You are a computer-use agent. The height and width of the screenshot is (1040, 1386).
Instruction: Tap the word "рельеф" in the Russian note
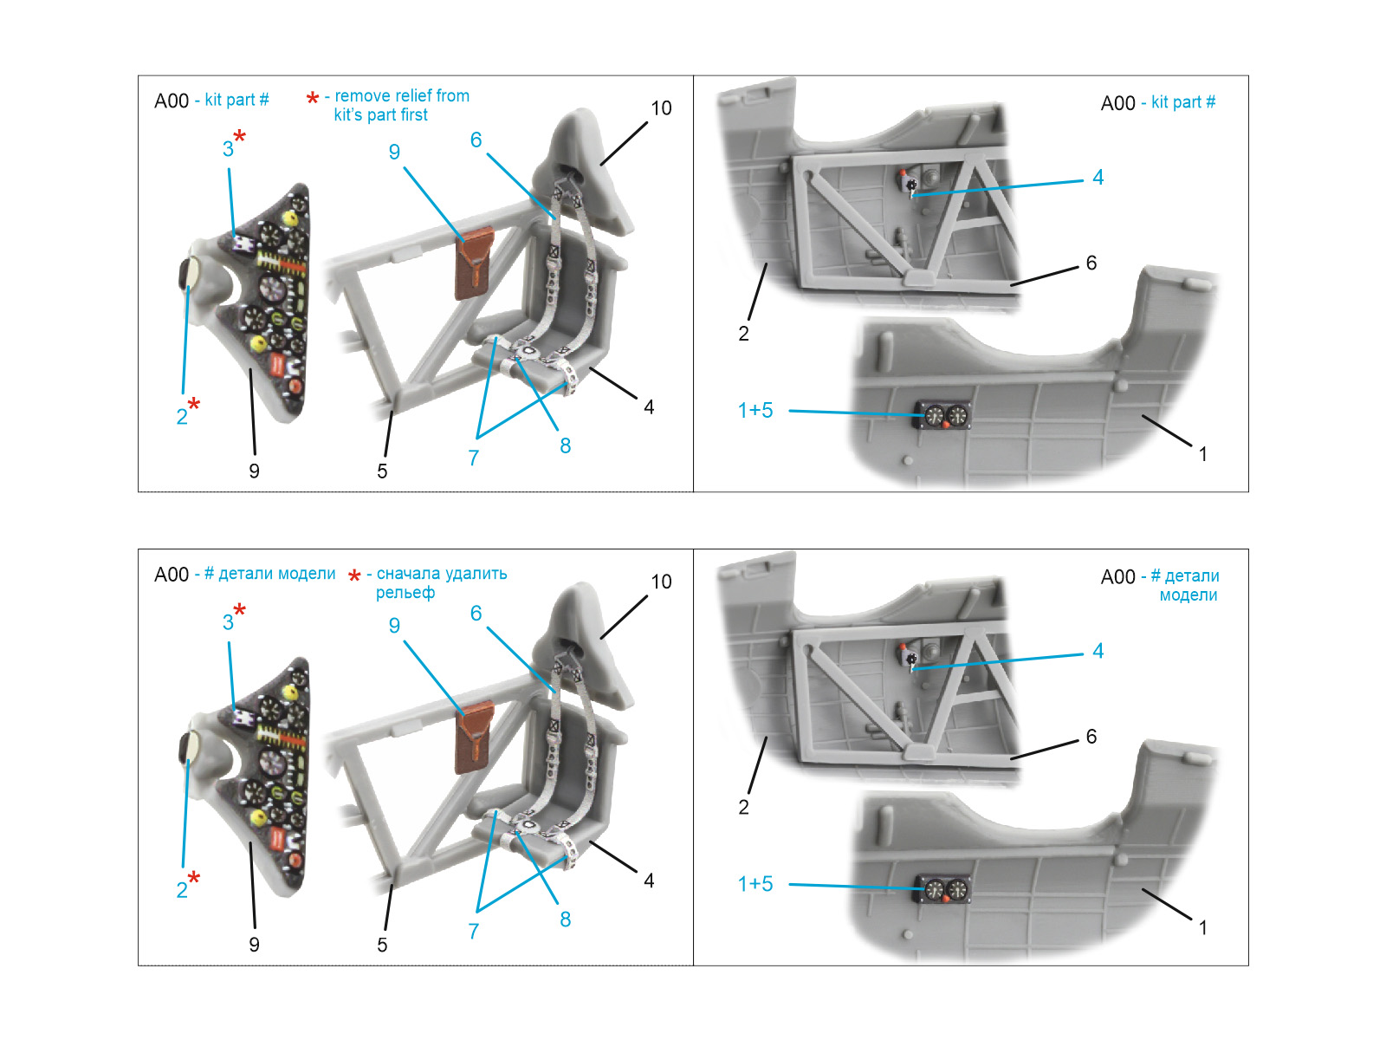[405, 593]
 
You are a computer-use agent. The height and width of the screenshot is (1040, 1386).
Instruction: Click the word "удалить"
[476, 574]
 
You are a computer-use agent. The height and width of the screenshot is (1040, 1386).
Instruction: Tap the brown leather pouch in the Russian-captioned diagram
[474, 737]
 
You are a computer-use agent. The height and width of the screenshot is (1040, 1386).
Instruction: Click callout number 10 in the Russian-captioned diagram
[661, 582]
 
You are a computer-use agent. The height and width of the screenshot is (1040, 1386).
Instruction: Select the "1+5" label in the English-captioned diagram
[755, 411]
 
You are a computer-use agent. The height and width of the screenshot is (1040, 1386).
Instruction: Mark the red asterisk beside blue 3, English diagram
[239, 136]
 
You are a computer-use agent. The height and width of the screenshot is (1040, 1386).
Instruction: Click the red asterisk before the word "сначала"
[355, 575]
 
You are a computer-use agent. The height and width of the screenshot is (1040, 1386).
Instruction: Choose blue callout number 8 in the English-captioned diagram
[565, 445]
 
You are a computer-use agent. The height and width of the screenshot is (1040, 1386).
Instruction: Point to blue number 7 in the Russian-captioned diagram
[474, 932]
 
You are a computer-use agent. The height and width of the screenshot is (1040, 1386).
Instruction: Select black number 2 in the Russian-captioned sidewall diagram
[744, 807]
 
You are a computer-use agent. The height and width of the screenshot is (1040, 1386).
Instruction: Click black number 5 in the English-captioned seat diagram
[382, 471]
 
